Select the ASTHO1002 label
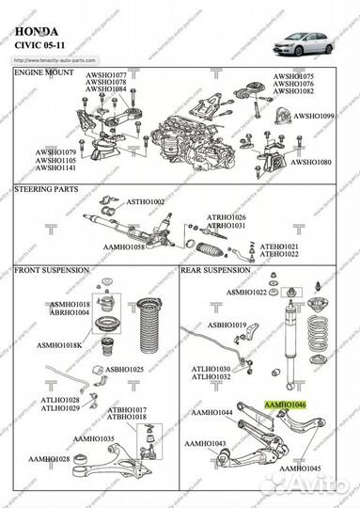[x=146, y=202]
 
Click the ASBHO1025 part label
[x=124, y=370]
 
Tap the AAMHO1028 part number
[x=49, y=458]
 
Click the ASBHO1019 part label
[x=227, y=325]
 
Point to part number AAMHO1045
[x=301, y=468]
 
